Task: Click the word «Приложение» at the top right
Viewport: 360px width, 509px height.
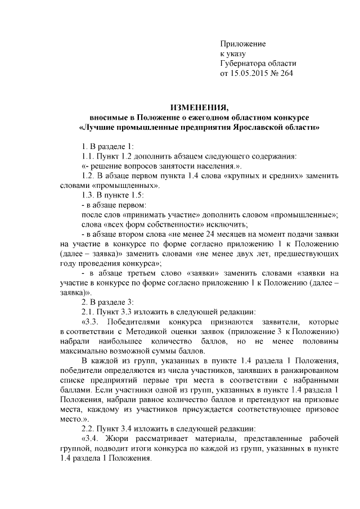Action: pyautogui.click(x=242, y=43)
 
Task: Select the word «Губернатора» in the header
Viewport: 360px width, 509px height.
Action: pyautogui.click(x=246, y=63)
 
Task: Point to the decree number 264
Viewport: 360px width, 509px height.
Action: pyautogui.click(x=286, y=73)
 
